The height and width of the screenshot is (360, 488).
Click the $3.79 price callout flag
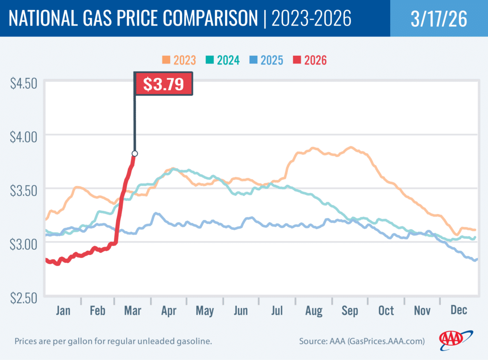click(x=164, y=84)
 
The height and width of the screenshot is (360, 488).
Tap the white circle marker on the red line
click(x=135, y=154)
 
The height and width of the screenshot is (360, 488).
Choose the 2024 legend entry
click(x=223, y=60)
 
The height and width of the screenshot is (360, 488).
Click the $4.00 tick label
click(x=23, y=137)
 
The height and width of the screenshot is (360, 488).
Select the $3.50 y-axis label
click(x=23, y=191)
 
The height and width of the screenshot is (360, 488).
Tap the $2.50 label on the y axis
click(x=23, y=298)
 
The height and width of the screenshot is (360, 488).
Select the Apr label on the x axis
click(x=169, y=311)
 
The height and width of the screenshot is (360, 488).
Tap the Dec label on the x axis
click(x=458, y=311)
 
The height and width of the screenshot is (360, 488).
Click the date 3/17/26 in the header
click(x=438, y=18)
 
